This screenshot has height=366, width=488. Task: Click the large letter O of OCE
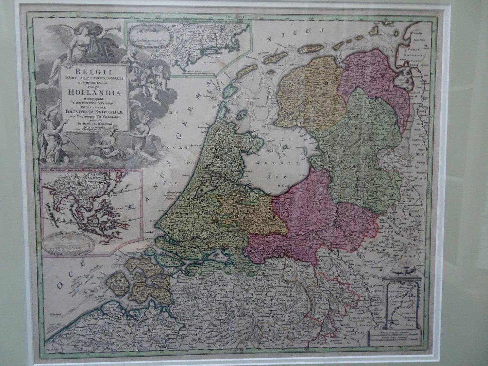point(60,286)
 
